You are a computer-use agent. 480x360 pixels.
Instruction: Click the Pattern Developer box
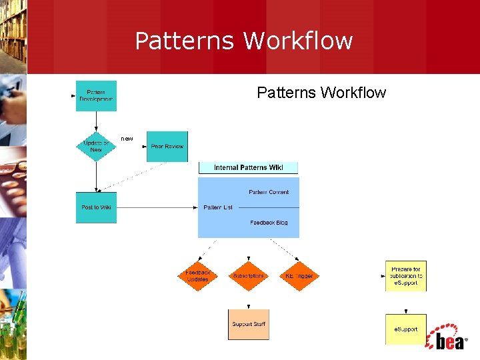pyautogui.click(x=96, y=95)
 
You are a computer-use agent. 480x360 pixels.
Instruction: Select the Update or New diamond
pyautogui.click(x=96, y=146)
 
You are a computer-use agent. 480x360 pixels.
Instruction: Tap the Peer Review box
pyautogui.click(x=167, y=146)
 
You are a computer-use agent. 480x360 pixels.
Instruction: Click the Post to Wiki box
pyautogui.click(x=96, y=207)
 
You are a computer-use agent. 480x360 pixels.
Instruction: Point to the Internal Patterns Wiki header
pyautogui.click(x=249, y=168)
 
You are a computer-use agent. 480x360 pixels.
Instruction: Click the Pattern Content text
pyautogui.click(x=269, y=192)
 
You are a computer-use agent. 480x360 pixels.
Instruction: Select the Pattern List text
pyautogui.click(x=218, y=207)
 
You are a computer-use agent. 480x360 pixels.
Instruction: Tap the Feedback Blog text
pyautogui.click(x=269, y=223)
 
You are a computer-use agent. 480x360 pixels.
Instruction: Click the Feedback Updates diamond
pyautogui.click(x=197, y=276)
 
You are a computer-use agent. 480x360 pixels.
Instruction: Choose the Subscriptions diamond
pyautogui.click(x=248, y=276)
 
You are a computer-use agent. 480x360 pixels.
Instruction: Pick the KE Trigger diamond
pyautogui.click(x=299, y=276)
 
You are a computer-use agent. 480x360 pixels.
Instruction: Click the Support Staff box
pyautogui.click(x=249, y=325)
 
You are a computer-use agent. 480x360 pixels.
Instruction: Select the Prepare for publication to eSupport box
pyautogui.click(x=405, y=276)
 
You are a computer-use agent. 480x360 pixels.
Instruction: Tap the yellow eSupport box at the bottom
pyautogui.click(x=405, y=329)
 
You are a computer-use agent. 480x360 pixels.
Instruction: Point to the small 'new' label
pyautogui.click(x=127, y=139)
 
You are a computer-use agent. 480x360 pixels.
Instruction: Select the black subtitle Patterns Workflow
pyautogui.click(x=321, y=93)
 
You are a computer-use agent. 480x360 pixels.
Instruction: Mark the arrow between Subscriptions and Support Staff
pyautogui.click(x=249, y=301)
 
